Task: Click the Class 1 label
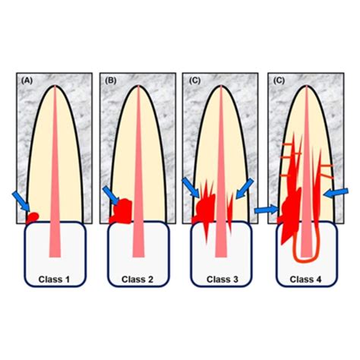[54, 279]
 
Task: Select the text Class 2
[137, 279]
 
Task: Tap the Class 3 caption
[223, 279]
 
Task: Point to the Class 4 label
[305, 279]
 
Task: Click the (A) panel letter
[27, 81]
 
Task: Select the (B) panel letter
[110, 81]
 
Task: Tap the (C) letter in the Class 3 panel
[194, 81]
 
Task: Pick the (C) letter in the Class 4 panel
[279, 81]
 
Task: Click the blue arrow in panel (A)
[21, 201]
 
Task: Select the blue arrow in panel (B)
[111, 195]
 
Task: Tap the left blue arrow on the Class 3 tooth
[191, 188]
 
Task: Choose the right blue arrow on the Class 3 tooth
[245, 188]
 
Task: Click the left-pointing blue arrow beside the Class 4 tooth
[336, 193]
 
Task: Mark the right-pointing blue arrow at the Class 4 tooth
[267, 210]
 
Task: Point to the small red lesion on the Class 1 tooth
[33, 217]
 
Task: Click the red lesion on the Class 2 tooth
[121, 211]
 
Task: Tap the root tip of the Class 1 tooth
[55, 86]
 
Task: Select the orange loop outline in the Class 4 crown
[305, 261]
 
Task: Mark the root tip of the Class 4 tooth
[307, 86]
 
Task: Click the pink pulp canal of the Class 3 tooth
[221, 172]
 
